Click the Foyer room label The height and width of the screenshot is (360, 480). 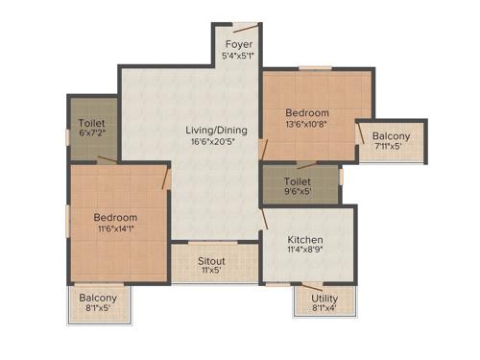tap(238, 45)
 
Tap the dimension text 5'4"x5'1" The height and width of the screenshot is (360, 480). tap(238, 57)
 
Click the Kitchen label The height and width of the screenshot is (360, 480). tap(304, 240)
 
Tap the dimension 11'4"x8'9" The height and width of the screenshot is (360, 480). tap(304, 252)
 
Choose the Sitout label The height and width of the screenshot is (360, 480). tap(211, 261)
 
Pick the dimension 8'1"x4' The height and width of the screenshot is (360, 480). tap(324, 310)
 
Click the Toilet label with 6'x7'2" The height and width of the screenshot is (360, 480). tap(92, 124)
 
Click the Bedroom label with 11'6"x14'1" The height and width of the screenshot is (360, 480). tap(115, 218)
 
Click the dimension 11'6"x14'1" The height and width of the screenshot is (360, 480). tap(115, 229)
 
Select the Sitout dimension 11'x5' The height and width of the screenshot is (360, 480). tap(211, 272)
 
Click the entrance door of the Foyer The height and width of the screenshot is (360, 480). tap(246, 29)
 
